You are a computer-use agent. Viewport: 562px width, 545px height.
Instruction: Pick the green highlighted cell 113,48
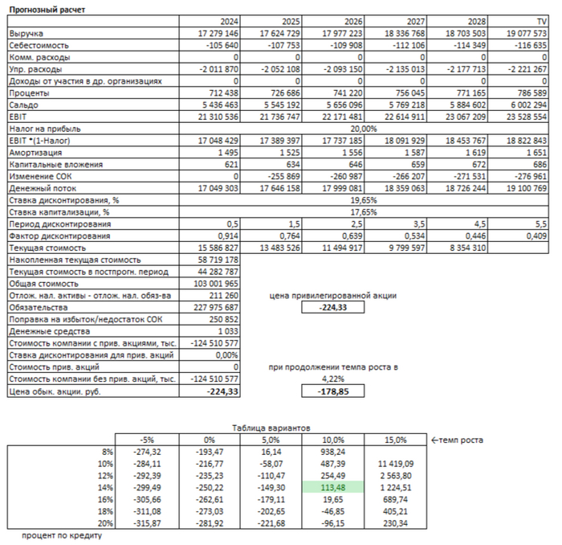point(332,488)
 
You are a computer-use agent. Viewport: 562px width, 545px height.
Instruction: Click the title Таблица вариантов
point(269,428)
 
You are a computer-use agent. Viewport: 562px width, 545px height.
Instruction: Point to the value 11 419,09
point(396,464)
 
